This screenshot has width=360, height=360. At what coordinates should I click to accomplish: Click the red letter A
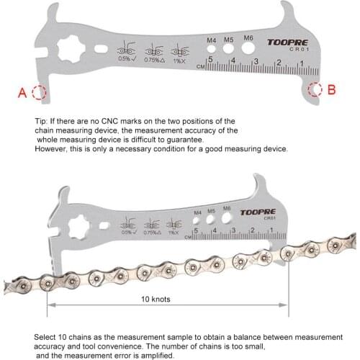[x=22, y=92]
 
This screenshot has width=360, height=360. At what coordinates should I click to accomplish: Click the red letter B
[x=331, y=90]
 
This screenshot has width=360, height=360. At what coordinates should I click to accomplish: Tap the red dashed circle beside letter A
[x=39, y=92]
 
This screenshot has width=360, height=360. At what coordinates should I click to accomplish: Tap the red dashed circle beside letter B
[x=315, y=89]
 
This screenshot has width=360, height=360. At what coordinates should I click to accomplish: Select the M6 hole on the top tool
[x=248, y=50]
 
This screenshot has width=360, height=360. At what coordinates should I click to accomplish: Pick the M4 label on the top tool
[x=210, y=40]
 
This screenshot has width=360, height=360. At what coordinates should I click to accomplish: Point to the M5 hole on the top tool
[x=228, y=50]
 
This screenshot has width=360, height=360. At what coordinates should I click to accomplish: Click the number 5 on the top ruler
[x=210, y=60]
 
